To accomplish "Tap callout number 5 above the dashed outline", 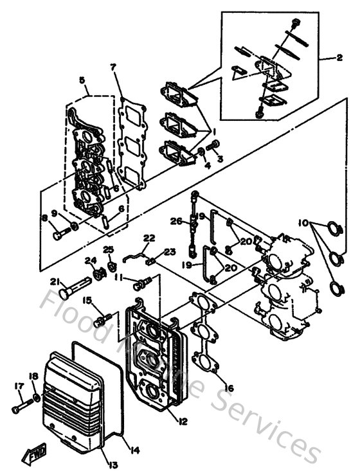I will tap(82, 80).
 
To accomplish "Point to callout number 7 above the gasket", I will tap(113, 67).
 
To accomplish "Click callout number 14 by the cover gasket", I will tap(134, 449).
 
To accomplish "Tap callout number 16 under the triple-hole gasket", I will tap(229, 389).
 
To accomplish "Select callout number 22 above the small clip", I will tap(149, 238).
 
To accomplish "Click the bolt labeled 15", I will tap(105, 317).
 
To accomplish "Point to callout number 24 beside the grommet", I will tap(88, 261).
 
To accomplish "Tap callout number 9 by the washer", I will tap(55, 213).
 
